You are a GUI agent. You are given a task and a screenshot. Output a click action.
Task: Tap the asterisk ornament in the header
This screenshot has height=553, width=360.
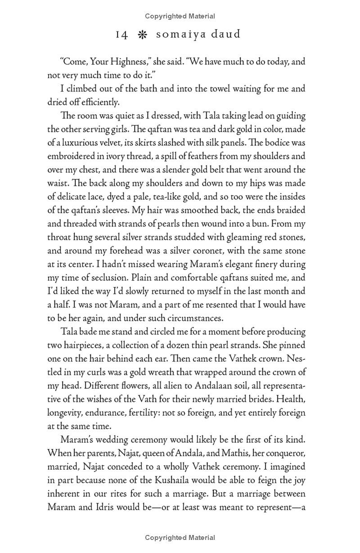click(143, 35)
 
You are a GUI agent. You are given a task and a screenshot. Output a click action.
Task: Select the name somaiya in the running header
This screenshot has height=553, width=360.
click(180, 35)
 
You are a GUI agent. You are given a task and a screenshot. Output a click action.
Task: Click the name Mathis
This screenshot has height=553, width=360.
click(229, 453)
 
